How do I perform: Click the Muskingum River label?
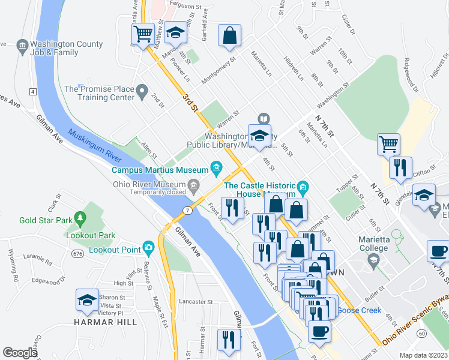click(92, 146)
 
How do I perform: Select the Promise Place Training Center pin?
click(142, 92)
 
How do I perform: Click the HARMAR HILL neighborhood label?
click(106, 322)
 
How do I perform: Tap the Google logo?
click(20, 353)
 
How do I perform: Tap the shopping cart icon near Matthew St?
click(143, 34)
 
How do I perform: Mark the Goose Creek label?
click(358, 310)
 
